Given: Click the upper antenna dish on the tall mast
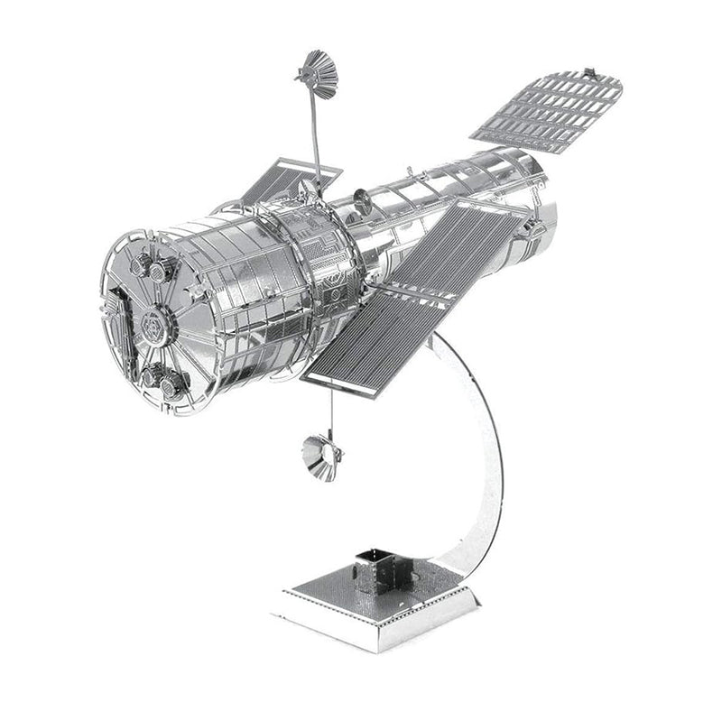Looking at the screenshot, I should pos(315,74).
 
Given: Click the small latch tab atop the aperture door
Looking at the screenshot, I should pos(591,71).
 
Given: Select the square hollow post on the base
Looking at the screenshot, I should pos(372,568).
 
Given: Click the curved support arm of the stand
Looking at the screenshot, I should pos(483,451).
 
